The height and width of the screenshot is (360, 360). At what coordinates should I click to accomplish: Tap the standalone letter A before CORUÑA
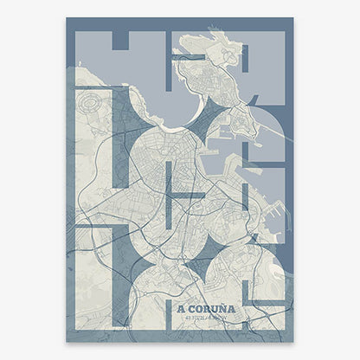180,307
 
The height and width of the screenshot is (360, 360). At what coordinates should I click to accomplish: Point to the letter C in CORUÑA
191,307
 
